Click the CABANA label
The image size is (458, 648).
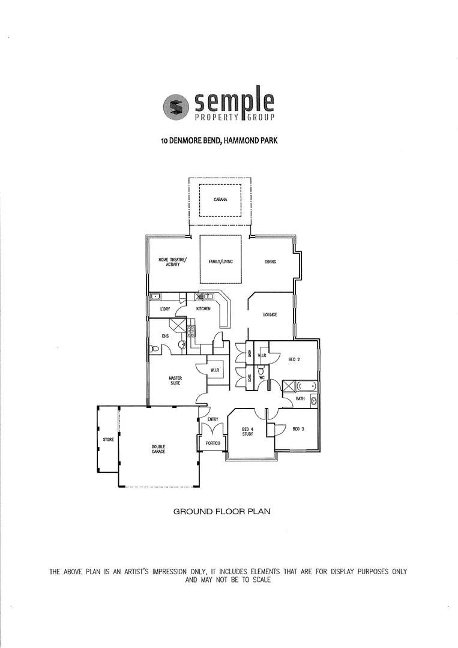(220, 199)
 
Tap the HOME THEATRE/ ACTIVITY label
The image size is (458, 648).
(172, 262)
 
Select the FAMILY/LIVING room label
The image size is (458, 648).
(220, 262)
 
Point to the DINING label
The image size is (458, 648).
(270, 262)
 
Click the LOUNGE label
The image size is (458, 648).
(270, 314)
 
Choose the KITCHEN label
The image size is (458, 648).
(203, 308)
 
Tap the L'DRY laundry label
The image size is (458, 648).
(165, 309)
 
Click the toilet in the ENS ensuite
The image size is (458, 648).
(154, 348)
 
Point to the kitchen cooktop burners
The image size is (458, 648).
(191, 329)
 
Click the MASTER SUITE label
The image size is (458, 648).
(175, 380)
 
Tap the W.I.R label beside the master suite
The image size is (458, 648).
(215, 371)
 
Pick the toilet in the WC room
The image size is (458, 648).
(261, 371)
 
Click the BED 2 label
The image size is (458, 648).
(294, 359)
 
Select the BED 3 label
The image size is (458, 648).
(298, 429)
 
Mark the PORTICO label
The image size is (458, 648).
(213, 443)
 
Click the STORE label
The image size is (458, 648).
(108, 440)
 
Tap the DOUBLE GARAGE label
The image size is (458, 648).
(158, 448)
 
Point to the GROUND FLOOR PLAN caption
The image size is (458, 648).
(222, 512)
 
